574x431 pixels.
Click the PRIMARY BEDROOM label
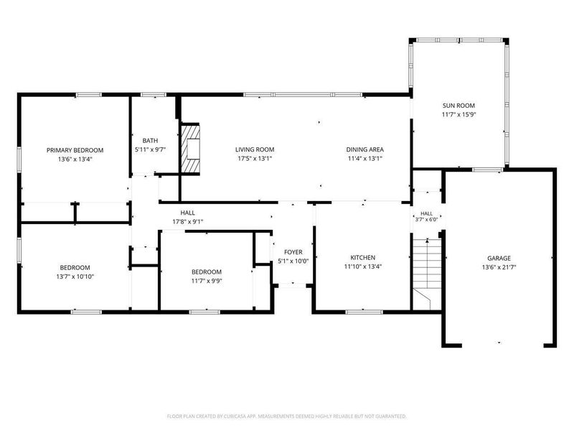[75, 150]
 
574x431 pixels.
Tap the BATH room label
[150, 141]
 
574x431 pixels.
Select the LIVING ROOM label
[255, 149]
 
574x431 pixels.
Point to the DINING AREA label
[365, 149]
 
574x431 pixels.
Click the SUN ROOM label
[458, 106]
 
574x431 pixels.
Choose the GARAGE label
[499, 259]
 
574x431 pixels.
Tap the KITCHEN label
[363, 258]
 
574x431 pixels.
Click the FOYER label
[293, 252]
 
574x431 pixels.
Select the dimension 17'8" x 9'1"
[188, 222]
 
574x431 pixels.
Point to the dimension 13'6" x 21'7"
[499, 267]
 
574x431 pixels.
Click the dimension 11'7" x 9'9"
[207, 281]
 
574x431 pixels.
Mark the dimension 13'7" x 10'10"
[75, 277]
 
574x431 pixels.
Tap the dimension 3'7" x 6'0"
[426, 220]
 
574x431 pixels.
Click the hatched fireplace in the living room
[190, 149]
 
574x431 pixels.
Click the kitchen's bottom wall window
[364, 312]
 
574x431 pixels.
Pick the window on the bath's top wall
[154, 95]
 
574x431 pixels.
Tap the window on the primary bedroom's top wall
[88, 95]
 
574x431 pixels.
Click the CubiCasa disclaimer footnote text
[286, 417]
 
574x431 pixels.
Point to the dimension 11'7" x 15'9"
[458, 115]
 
